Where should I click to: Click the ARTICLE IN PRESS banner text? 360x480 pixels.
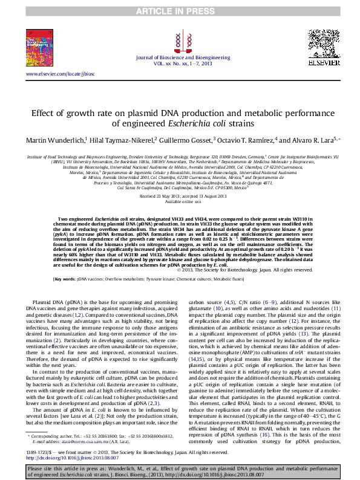point(180,11)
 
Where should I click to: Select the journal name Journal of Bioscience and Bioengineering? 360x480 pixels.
point(179,56)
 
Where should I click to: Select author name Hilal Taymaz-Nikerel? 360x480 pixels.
point(123,140)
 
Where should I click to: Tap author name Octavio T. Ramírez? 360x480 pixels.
point(246,140)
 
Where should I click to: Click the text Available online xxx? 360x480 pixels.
point(179,202)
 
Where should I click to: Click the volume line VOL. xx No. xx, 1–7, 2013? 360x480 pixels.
point(179,62)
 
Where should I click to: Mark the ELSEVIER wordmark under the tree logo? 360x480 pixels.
point(324,62)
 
